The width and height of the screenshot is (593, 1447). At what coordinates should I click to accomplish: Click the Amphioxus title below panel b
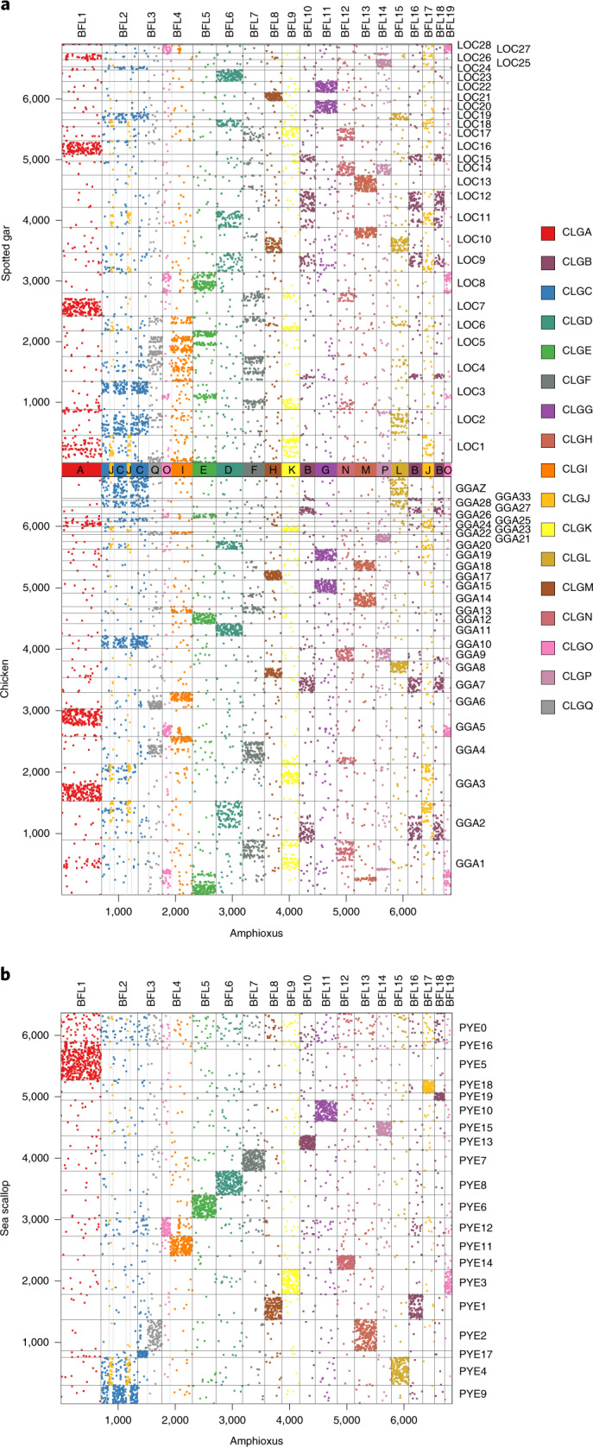[256, 1440]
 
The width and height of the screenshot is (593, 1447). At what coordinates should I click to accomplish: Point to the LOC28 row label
[473, 45]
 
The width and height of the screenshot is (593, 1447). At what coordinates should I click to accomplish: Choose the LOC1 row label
[471, 446]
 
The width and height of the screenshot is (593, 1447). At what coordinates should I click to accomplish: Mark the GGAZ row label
[471, 488]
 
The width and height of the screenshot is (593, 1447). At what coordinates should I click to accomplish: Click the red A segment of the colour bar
[81, 470]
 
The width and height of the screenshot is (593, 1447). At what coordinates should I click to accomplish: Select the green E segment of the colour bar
[203, 470]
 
